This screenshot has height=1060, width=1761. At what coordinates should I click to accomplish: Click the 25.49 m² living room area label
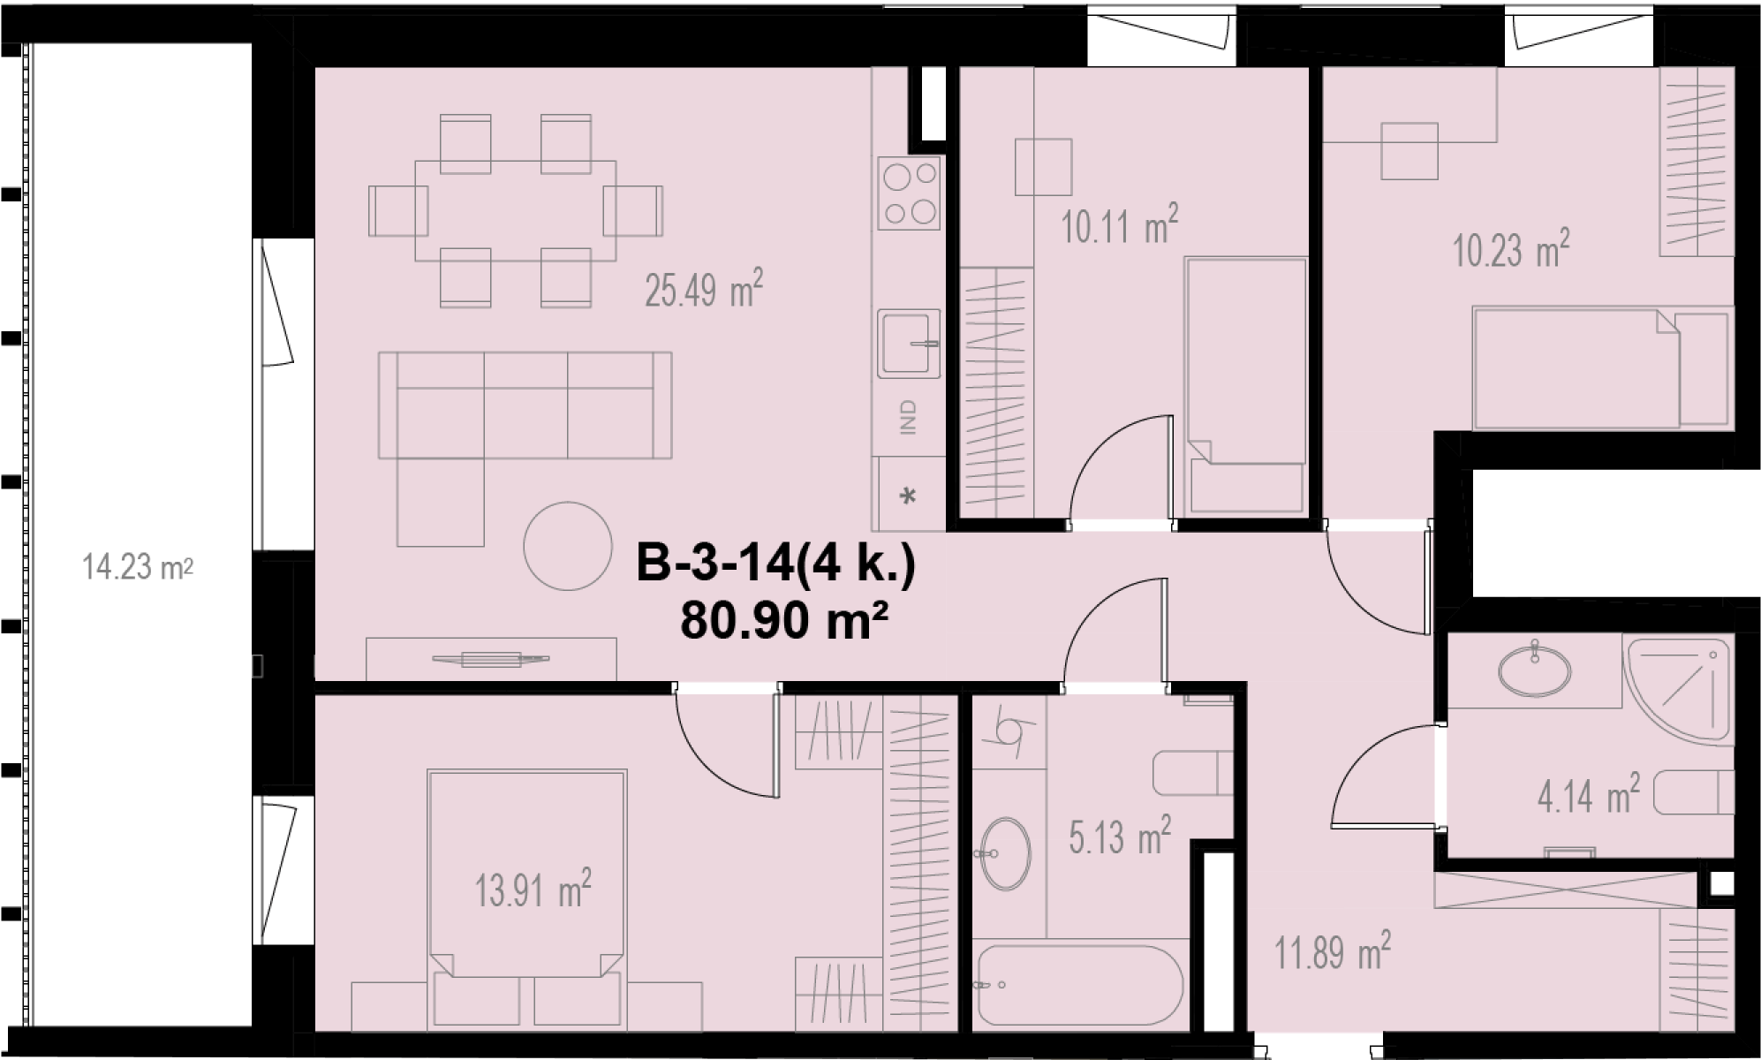coord(704,289)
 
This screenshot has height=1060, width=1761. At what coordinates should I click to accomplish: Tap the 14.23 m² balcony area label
coord(138,566)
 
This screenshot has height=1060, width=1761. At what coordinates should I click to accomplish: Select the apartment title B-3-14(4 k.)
coord(776,564)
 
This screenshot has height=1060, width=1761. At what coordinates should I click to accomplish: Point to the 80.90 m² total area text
coord(783,621)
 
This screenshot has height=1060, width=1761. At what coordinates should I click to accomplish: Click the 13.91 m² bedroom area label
coord(533,889)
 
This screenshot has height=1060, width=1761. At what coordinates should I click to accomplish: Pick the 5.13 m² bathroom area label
coord(1120,836)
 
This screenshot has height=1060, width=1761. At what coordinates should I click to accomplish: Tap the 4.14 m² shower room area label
coord(1589,794)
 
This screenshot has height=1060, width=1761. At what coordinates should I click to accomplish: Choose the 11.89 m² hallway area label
coord(1333,951)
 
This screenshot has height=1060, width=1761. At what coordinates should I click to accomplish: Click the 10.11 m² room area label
coord(1119,225)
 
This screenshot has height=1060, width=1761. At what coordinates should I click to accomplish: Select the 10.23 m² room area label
coord(1511,250)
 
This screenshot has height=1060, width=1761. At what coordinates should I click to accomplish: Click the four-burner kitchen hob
coord(909,193)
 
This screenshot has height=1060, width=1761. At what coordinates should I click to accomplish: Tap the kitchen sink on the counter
coord(909,343)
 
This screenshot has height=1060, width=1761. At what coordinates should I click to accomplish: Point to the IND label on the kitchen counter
coord(908,416)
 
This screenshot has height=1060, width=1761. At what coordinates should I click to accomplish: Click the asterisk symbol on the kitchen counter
coord(908,496)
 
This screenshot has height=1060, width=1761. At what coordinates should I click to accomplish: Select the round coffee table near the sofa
coord(567,546)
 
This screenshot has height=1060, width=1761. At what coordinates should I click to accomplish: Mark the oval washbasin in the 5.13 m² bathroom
coord(1004,853)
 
